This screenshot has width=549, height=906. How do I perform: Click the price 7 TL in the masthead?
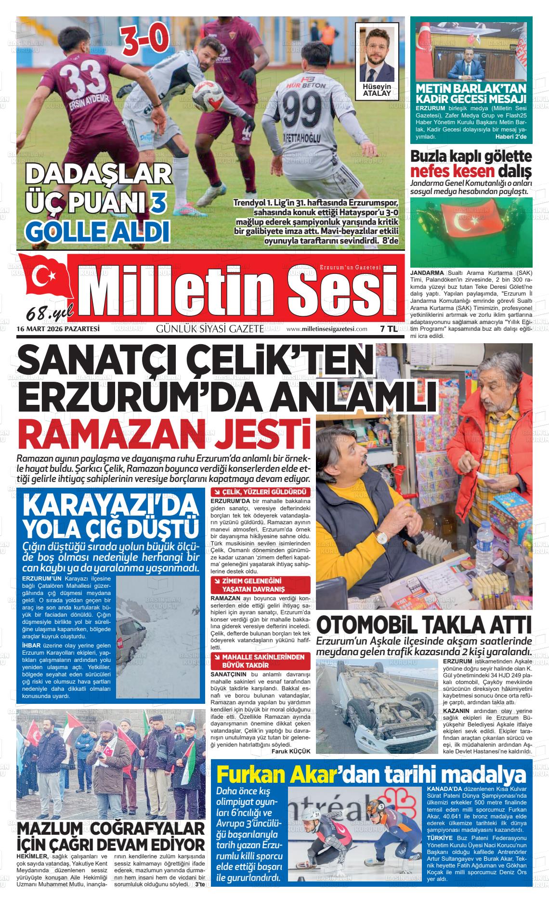click(388, 329)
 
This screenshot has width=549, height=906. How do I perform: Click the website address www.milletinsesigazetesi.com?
click(327, 329)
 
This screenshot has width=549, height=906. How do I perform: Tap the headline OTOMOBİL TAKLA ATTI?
click(424, 625)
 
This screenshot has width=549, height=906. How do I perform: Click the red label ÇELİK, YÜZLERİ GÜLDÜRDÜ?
click(260, 492)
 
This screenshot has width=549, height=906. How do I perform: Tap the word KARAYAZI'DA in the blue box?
click(110, 505)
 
